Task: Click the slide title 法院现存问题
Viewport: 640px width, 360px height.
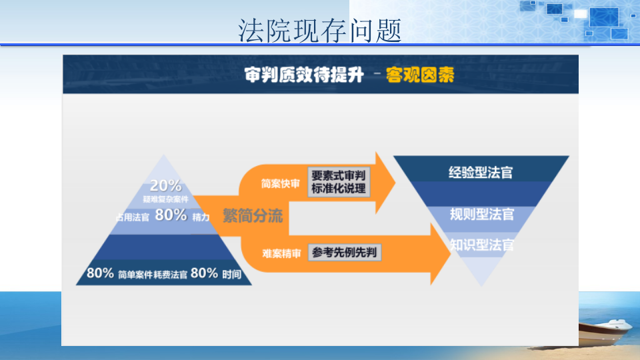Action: point(320,30)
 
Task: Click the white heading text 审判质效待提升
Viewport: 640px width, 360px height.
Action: point(304,75)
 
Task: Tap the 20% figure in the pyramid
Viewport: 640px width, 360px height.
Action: point(165,186)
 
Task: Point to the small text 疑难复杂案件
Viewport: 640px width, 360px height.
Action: point(165,199)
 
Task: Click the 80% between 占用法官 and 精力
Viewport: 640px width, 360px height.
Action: point(171,215)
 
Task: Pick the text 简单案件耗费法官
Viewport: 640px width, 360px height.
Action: point(153,274)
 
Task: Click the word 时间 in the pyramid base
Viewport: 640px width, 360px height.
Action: point(232,274)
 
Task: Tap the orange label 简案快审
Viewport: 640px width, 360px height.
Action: point(281,183)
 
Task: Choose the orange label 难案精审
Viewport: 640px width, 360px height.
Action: point(281,253)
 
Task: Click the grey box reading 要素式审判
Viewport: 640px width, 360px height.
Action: point(339,175)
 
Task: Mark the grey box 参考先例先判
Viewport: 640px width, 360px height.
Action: point(344,253)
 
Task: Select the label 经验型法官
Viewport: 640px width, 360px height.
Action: point(481,171)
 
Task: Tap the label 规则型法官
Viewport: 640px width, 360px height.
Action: point(481,214)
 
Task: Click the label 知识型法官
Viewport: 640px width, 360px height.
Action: point(481,245)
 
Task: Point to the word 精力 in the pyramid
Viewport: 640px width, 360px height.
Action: point(201,217)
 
